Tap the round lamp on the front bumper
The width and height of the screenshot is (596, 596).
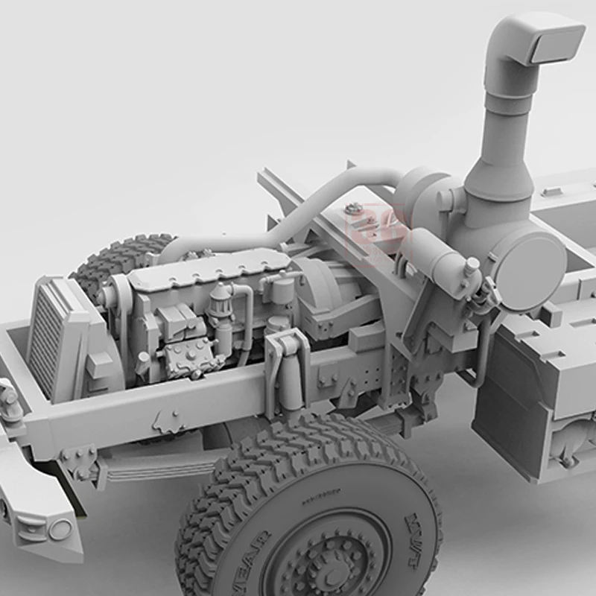pos(60,530)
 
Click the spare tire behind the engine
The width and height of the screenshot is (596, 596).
pos(119,257)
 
